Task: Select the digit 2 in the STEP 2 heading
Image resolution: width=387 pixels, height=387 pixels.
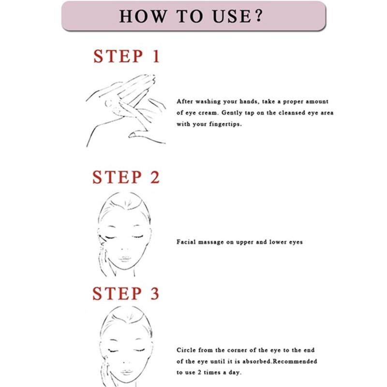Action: tap(154, 177)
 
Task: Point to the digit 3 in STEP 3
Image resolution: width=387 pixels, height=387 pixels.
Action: tap(154, 293)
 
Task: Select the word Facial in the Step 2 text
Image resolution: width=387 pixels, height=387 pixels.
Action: tap(187, 242)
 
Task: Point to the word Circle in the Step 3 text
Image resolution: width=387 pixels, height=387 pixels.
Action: tap(187, 350)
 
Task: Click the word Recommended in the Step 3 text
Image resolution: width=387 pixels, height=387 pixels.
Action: tap(296, 361)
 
